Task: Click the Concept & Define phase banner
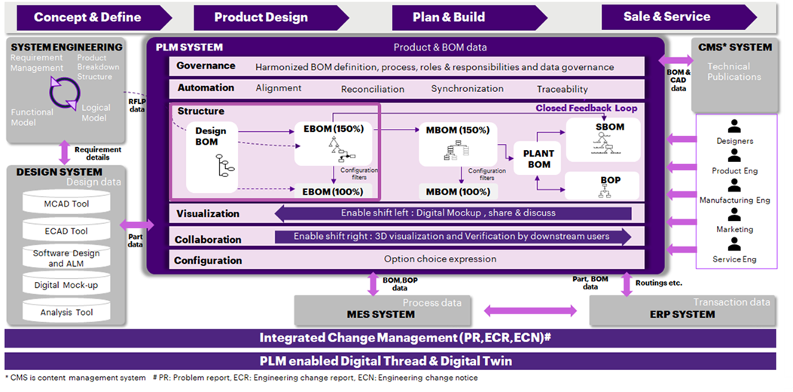(x=87, y=17)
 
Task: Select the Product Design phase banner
(x=261, y=17)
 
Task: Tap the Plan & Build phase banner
(x=449, y=17)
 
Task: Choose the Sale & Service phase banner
(x=666, y=17)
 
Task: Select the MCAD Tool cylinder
(x=66, y=204)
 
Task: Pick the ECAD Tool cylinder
(x=66, y=231)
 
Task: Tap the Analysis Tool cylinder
(x=66, y=312)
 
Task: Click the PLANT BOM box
(x=538, y=158)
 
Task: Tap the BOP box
(x=611, y=182)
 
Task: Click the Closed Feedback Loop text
(x=586, y=109)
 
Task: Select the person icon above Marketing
(x=734, y=215)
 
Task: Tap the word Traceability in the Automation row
(x=563, y=89)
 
